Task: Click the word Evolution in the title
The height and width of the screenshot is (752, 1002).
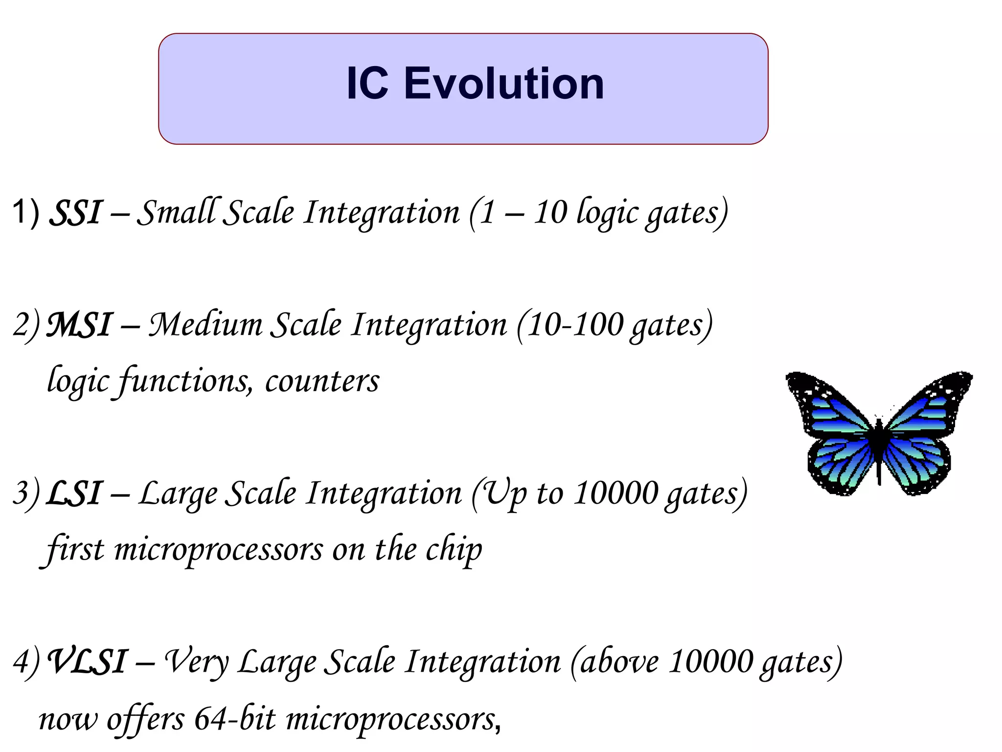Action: click(503, 84)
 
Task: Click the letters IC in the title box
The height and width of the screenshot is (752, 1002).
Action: click(367, 84)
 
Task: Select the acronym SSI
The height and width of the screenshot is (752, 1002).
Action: click(76, 213)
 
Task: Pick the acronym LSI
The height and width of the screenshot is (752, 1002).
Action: click(74, 493)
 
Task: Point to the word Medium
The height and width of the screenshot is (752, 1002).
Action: click(205, 326)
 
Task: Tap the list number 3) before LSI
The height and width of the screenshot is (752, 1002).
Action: click(25, 493)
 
